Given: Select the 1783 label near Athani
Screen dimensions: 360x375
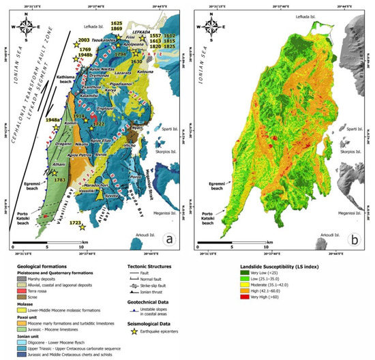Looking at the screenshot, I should click(x=59, y=179).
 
